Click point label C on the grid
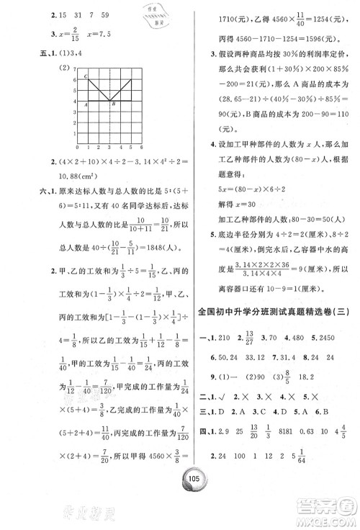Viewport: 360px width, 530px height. click(86, 76)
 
